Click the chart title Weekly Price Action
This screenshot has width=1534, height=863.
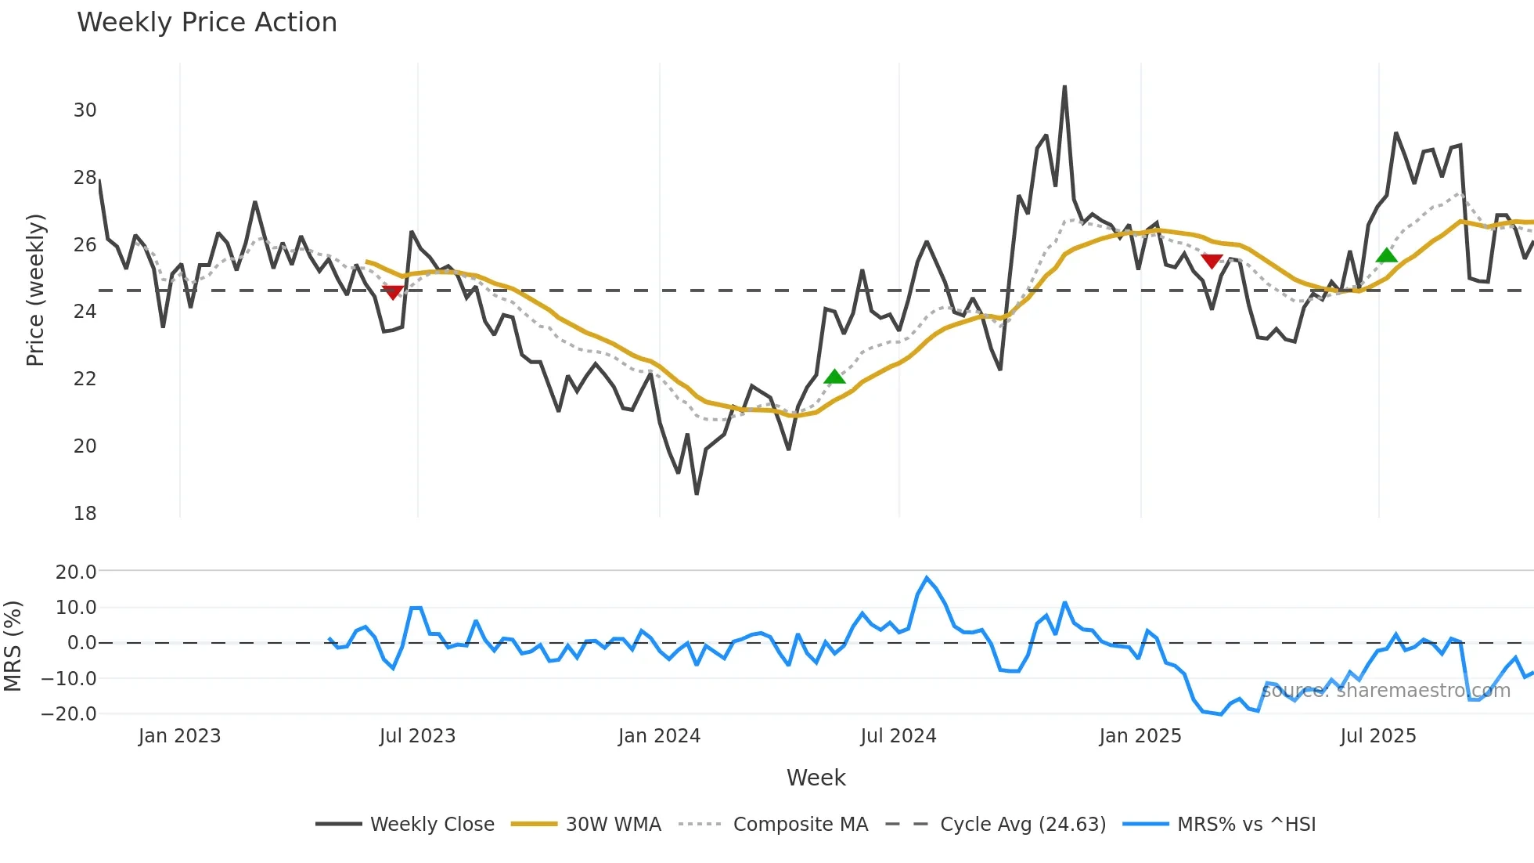207,23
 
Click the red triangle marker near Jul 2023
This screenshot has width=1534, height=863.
393,292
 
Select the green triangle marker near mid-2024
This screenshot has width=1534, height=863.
834,377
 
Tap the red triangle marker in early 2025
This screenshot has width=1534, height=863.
1212,261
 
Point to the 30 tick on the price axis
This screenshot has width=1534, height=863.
85,110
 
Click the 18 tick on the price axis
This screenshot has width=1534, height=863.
85,514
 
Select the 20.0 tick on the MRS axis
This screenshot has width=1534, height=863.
76,572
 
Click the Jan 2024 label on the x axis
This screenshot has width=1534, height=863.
659,736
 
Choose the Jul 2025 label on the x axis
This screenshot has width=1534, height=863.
1377,736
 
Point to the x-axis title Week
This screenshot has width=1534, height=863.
816,778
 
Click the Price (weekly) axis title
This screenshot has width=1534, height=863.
35,290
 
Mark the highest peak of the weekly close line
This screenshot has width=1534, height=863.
1064,87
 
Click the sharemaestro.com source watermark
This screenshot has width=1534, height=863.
1385,691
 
